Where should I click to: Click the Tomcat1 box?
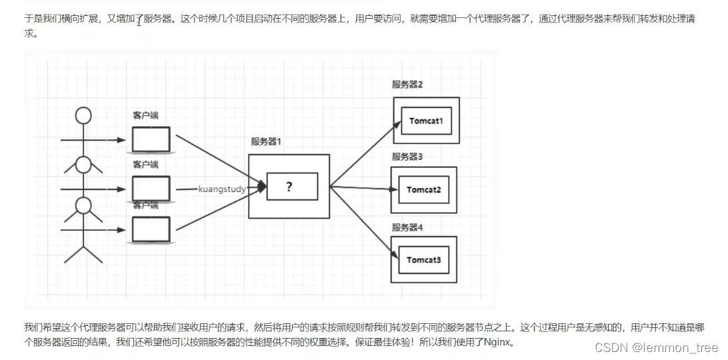[426, 121]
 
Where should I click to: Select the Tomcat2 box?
[423, 190]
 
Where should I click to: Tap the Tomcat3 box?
[424, 259]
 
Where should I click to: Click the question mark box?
[289, 187]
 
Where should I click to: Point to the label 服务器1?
[266, 141]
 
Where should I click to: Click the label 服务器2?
[407, 85]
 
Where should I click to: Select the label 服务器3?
[407, 157]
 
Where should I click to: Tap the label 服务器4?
[407, 227]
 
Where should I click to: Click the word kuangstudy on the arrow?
[222, 189]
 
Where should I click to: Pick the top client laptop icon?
[151, 139]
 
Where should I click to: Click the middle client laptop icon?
[151, 189]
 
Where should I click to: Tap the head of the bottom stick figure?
[83, 205]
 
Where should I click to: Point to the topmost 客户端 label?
[145, 115]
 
